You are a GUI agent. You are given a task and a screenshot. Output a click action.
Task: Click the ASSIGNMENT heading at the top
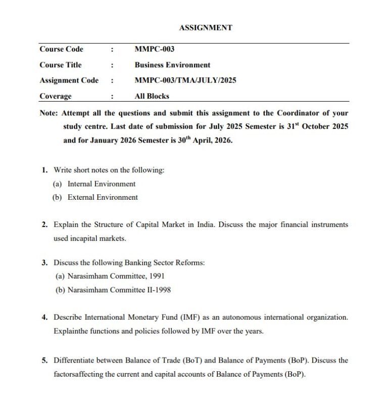(x=205, y=28)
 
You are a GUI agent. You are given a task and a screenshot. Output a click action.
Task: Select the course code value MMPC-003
(x=155, y=49)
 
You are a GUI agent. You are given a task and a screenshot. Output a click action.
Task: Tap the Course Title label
(x=60, y=65)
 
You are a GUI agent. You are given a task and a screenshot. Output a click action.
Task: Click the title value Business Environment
(x=172, y=65)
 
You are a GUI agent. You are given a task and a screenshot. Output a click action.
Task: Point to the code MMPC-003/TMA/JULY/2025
(x=185, y=80)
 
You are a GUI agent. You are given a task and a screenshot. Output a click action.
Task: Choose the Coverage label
(x=55, y=96)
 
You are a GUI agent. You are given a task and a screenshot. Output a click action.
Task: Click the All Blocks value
(x=152, y=96)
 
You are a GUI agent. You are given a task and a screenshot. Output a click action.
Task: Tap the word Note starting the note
(x=48, y=113)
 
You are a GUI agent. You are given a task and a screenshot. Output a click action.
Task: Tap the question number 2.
(x=45, y=224)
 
